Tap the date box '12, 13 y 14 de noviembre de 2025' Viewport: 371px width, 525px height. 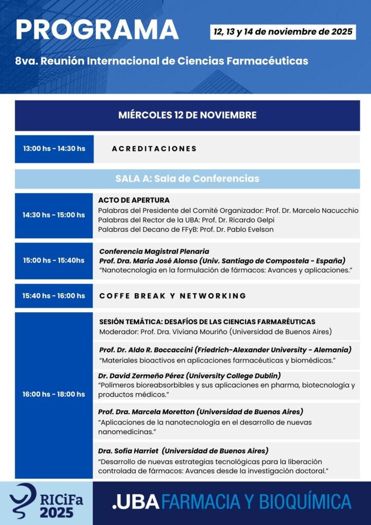click(x=283, y=32)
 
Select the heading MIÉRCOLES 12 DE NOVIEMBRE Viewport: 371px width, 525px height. click(x=187, y=115)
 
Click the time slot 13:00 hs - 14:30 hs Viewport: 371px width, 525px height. click(x=54, y=149)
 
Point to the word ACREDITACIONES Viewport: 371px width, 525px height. click(x=154, y=149)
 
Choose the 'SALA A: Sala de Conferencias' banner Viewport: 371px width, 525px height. click(x=187, y=179)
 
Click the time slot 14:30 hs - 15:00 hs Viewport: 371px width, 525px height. click(x=54, y=215)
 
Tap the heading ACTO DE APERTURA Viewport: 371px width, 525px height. click(x=134, y=200)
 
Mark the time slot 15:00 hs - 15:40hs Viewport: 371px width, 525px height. click(x=54, y=260)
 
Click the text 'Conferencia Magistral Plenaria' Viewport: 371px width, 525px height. click(x=154, y=251)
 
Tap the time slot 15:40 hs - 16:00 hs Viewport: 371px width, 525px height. click(x=54, y=296)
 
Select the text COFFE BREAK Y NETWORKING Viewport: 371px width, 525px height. click(x=173, y=296)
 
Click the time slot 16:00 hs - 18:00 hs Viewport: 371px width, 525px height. click(x=54, y=394)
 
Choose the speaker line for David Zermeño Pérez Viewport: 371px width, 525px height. click(x=189, y=375)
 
